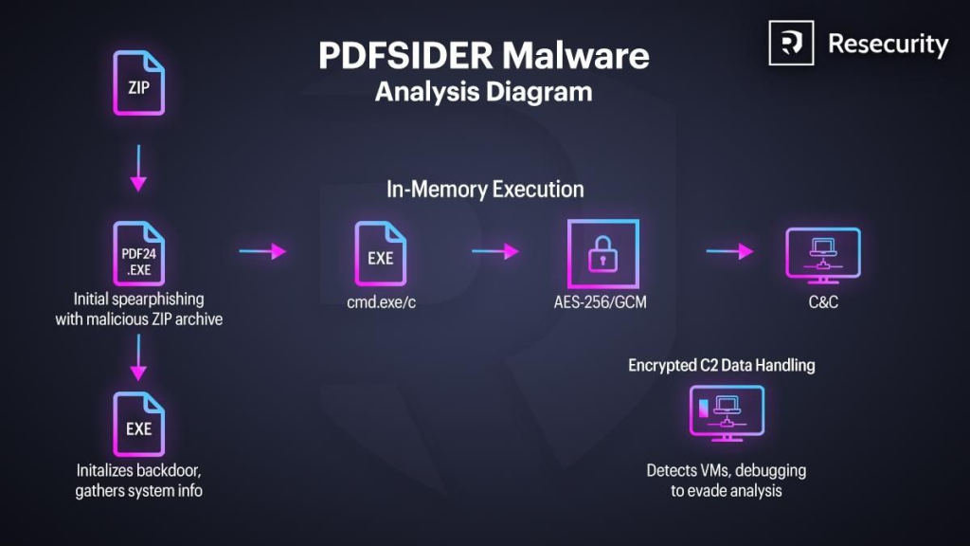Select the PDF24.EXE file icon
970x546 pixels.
point(138,254)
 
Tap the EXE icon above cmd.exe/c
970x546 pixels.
point(380,254)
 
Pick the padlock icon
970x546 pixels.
point(602,254)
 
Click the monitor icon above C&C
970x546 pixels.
point(822,254)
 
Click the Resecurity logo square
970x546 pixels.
point(791,44)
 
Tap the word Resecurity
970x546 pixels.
point(888,44)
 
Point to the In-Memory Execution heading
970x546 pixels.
point(485,189)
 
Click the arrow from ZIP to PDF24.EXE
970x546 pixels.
point(138,168)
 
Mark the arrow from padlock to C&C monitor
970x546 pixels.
point(729,251)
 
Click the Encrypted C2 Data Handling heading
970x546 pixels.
point(721,365)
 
